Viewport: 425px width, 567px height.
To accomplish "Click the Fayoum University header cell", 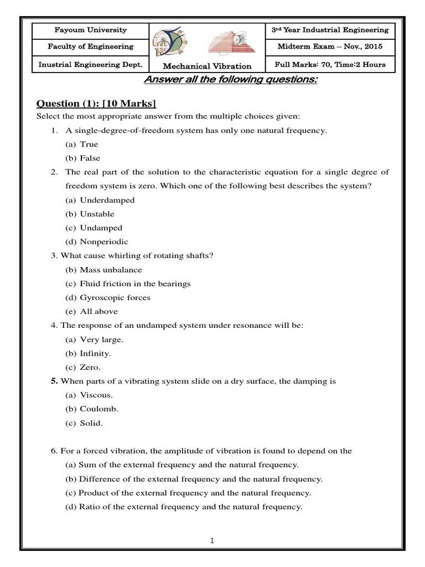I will [x=90, y=30].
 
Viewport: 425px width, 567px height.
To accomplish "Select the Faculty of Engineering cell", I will [x=90, y=47].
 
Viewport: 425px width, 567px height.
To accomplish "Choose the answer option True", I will [x=89, y=145].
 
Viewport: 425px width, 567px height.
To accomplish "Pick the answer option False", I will [x=89, y=158].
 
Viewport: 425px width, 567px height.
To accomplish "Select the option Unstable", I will [x=97, y=214].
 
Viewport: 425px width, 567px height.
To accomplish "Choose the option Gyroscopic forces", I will [x=115, y=297].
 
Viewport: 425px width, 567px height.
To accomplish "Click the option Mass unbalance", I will [x=111, y=270].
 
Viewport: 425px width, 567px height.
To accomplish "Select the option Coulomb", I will [x=99, y=409].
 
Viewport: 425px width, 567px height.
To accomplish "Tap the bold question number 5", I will [x=54, y=381].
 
